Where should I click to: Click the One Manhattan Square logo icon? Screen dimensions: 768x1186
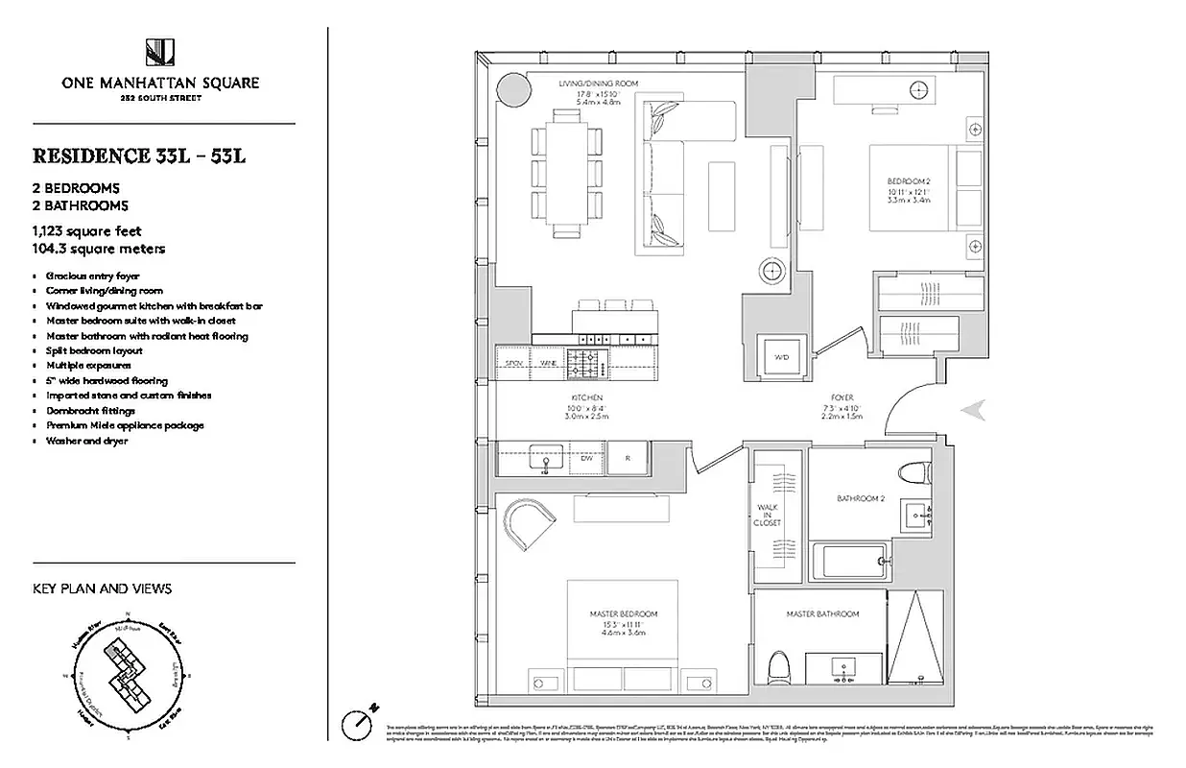click(160, 53)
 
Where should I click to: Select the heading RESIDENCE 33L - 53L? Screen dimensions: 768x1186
click(140, 156)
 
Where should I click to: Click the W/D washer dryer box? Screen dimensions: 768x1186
click(781, 358)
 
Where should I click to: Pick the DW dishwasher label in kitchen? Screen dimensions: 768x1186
click(586, 459)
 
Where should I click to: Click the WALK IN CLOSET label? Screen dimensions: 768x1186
click(769, 516)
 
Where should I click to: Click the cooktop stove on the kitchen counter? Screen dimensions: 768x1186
click(585, 362)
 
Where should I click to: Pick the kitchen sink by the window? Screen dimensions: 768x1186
click(546, 459)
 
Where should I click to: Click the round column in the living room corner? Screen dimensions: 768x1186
click(510, 90)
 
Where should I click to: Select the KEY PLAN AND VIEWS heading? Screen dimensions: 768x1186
click(102, 588)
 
